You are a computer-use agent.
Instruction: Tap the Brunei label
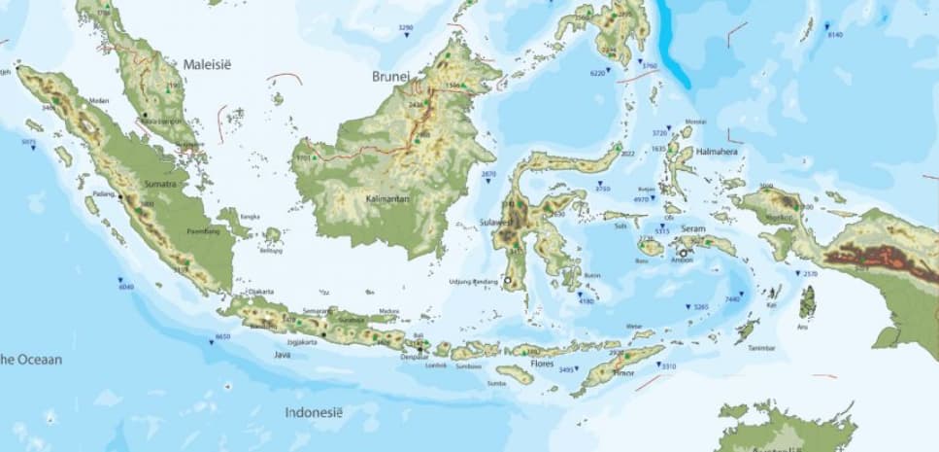(392, 75)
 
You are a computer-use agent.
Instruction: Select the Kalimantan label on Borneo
(386, 198)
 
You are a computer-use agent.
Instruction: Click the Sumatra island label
(161, 183)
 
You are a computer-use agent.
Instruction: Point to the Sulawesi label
(494, 223)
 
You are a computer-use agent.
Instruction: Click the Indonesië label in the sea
(314, 412)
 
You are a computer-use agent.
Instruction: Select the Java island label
(282, 355)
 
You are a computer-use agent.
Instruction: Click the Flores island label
(542, 365)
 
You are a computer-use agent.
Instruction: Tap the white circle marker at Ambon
(683, 253)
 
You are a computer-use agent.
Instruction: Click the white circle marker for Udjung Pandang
(507, 282)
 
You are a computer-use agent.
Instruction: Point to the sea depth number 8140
(834, 35)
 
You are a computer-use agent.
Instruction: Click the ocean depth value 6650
(222, 336)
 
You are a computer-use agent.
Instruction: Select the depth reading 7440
(732, 299)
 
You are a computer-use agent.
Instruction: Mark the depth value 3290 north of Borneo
(406, 28)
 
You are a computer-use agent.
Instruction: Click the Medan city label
(98, 100)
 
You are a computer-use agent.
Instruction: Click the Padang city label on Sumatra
(104, 194)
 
